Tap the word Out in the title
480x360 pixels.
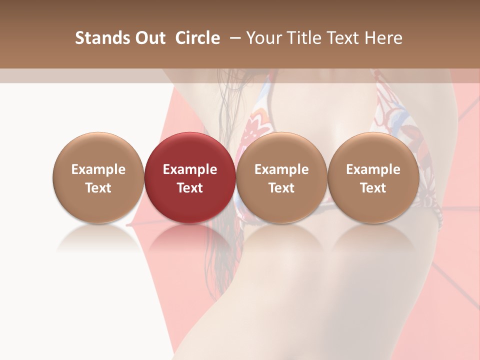pos(149,38)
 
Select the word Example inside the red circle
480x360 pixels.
pos(190,169)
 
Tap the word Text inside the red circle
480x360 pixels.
pos(190,188)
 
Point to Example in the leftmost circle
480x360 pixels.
pos(98,169)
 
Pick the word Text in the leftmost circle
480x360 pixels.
pos(98,188)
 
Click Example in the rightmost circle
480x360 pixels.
pos(373,169)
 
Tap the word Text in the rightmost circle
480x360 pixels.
pos(373,188)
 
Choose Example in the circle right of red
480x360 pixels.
pos(281,169)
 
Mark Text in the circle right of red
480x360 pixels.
pos(281,188)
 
